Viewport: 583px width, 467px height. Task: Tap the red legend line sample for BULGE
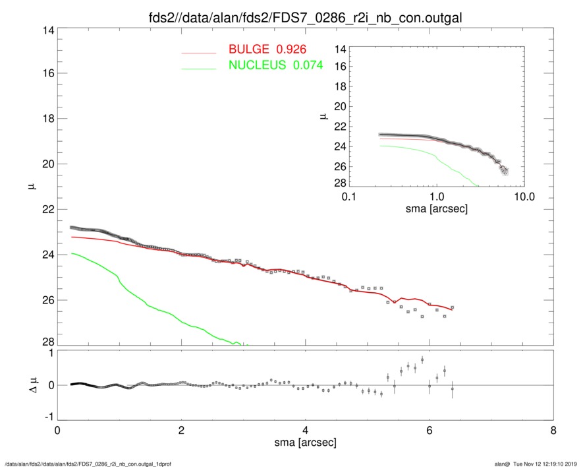(x=198, y=51)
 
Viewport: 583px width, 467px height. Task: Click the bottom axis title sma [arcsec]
(x=304, y=445)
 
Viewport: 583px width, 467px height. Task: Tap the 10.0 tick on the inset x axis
(x=524, y=197)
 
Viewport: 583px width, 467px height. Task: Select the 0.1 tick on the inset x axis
(x=349, y=197)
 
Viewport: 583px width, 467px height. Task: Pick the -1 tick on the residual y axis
(x=47, y=417)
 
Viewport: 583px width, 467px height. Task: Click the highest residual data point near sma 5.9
(x=422, y=359)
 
